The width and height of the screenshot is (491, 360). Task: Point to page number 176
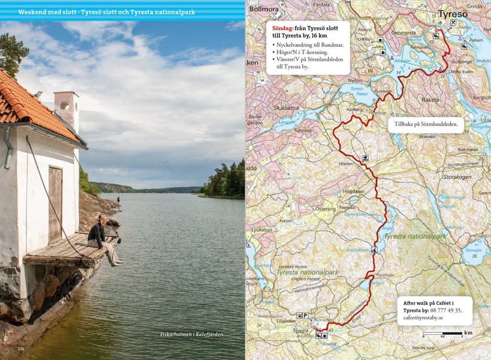[x=21, y=349]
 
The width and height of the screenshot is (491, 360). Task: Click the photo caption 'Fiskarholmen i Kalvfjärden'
[x=192, y=334]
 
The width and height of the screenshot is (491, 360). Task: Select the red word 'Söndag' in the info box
[x=282, y=27]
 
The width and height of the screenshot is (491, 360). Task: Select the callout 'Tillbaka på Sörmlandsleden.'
[x=426, y=125]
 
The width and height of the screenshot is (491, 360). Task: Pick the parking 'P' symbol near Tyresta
[x=305, y=315]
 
